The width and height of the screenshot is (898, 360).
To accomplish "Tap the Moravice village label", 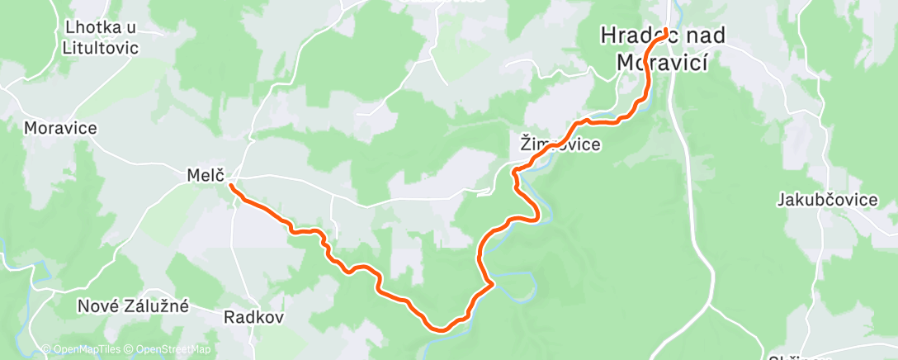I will pyautogui.click(x=60, y=128).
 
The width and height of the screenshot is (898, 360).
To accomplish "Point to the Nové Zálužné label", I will pyautogui.click(x=133, y=306).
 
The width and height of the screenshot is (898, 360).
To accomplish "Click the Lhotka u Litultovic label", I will pyautogui.click(x=100, y=37).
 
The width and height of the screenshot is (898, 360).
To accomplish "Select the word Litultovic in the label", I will pyautogui.click(x=100, y=48).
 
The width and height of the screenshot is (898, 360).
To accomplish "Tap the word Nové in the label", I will pyautogui.click(x=94, y=306).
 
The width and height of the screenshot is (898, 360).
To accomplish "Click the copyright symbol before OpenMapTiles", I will pyautogui.click(x=46, y=349).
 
